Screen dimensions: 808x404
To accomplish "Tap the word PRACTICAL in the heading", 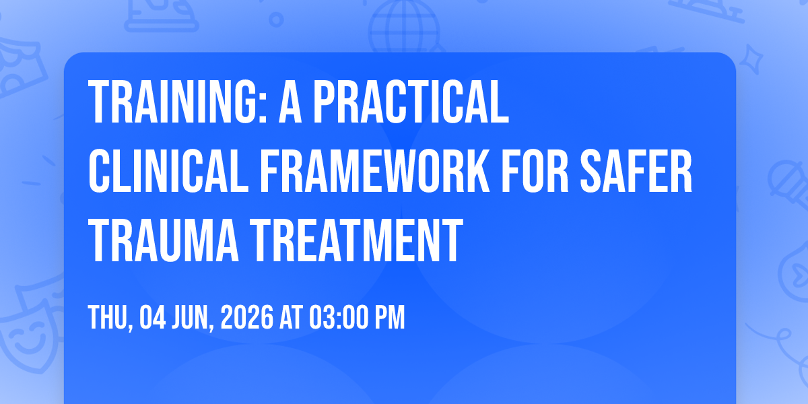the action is click(411, 102).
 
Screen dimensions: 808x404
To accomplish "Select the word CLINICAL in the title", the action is click(168, 171).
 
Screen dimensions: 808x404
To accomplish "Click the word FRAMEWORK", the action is click(375, 171).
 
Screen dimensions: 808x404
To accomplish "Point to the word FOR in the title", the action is click(535, 171).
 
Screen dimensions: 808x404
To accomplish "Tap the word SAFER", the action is click(636, 171).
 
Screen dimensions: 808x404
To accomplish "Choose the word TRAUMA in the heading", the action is click(164, 240).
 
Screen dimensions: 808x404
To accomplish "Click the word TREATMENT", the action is click(356, 240).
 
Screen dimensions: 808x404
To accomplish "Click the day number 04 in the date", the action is click(153, 317).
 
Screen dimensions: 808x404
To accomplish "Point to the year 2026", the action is click(247, 317).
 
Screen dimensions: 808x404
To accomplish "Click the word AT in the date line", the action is click(291, 317).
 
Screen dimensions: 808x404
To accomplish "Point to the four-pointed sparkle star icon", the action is click(751, 59).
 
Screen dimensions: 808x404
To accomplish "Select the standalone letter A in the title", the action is click(290, 102).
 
